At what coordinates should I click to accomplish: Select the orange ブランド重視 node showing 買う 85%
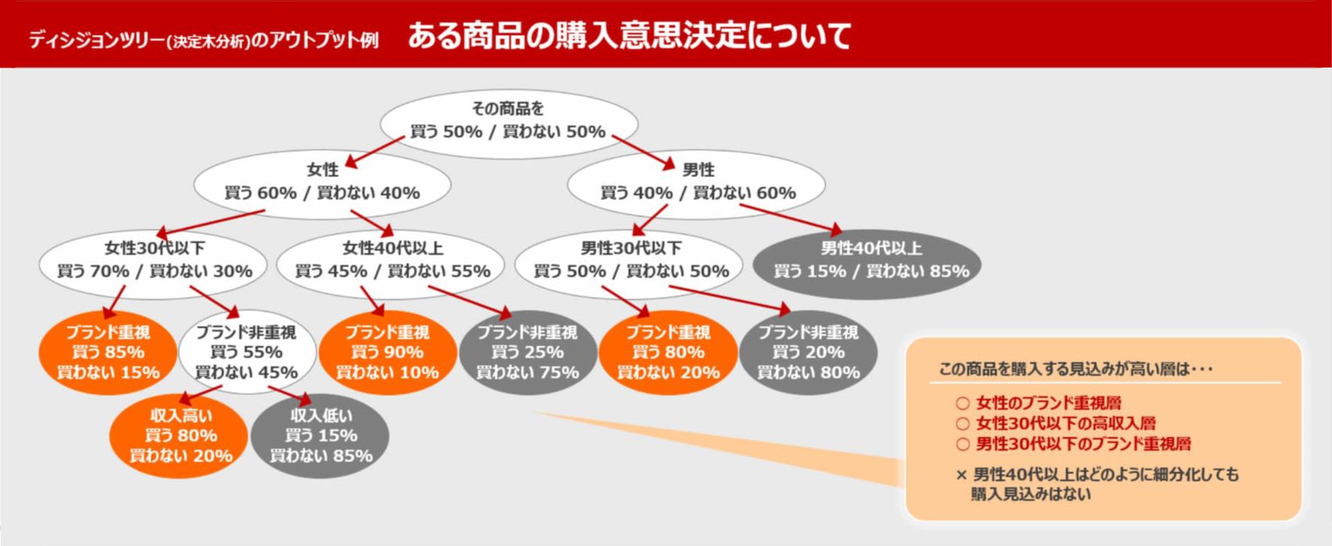click(x=108, y=352)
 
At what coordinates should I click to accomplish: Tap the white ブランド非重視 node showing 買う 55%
click(x=247, y=352)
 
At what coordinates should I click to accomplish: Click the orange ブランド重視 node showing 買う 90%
click(x=387, y=352)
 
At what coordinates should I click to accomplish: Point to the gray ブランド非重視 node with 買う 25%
click(x=528, y=352)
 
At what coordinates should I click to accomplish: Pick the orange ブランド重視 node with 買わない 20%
click(x=668, y=352)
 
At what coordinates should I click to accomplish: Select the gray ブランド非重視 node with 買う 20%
click(x=809, y=352)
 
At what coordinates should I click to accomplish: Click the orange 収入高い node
click(x=179, y=436)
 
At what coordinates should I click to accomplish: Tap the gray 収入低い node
click(x=321, y=436)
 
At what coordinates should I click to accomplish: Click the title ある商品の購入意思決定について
click(x=629, y=35)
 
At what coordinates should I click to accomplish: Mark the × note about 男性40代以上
click(x=1097, y=484)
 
